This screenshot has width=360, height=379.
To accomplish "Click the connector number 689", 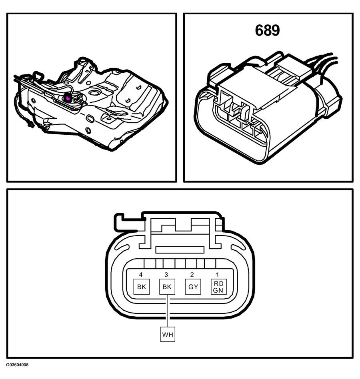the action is click(267, 30).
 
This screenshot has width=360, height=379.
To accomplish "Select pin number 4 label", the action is click(141, 275).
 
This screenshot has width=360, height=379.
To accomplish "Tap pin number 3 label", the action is click(166, 275).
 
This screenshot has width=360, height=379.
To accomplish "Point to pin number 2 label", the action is click(192, 275).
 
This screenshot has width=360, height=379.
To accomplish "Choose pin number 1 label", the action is click(217, 275).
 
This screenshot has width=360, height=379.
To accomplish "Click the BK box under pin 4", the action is click(142, 287).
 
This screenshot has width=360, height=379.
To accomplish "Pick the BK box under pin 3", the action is click(167, 287).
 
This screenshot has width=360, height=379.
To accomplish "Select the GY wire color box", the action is click(193, 287).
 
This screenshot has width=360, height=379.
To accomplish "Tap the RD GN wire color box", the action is click(218, 287).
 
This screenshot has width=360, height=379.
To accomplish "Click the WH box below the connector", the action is click(168, 335).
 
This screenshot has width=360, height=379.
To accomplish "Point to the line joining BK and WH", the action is click(167, 311).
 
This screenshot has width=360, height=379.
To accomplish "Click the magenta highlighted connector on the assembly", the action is click(67, 98).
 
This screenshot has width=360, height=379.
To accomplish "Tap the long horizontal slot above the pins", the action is click(180, 250).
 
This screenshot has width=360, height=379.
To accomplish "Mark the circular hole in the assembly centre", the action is click(94, 92).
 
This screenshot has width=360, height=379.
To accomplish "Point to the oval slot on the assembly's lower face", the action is click(90, 119).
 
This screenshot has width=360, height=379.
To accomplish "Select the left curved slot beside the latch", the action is click(122, 247).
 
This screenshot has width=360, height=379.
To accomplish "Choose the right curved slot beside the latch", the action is click(238, 247).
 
